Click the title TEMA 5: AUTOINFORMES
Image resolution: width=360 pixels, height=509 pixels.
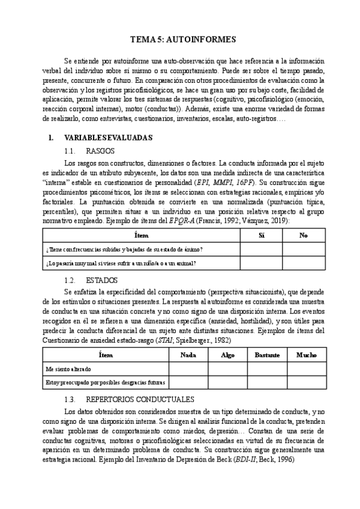pyautogui.click(x=180, y=40)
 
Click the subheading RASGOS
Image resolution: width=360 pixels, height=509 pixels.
pyautogui.click(x=100, y=150)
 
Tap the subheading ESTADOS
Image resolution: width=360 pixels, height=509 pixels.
pyautogui.click(x=102, y=280)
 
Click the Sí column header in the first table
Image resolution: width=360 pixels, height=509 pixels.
pyautogui.click(x=261, y=236)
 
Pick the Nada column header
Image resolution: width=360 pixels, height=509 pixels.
pyautogui.click(x=188, y=355)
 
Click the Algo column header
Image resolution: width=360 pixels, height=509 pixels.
pyautogui.click(x=227, y=355)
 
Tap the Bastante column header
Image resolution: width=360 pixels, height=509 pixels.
pyautogui.click(x=267, y=355)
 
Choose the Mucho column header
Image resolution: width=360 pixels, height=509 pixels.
pyautogui.click(x=306, y=355)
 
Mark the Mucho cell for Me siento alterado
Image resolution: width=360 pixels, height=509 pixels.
pyautogui.click(x=306, y=368)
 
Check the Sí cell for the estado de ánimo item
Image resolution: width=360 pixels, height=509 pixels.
pyautogui.click(x=261, y=249)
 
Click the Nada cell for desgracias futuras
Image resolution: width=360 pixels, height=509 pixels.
pyautogui.click(x=188, y=382)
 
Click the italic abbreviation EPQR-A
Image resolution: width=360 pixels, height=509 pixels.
pyautogui.click(x=181, y=221)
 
